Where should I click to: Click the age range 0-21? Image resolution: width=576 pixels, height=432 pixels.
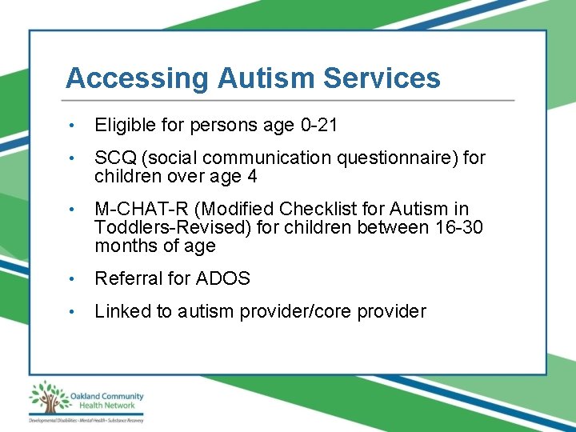(319, 126)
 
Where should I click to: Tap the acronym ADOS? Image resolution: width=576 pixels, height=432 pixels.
(225, 278)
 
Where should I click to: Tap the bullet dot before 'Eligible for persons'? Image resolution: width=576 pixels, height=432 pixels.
(72, 126)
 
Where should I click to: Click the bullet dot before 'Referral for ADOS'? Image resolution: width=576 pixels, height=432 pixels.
(72, 278)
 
